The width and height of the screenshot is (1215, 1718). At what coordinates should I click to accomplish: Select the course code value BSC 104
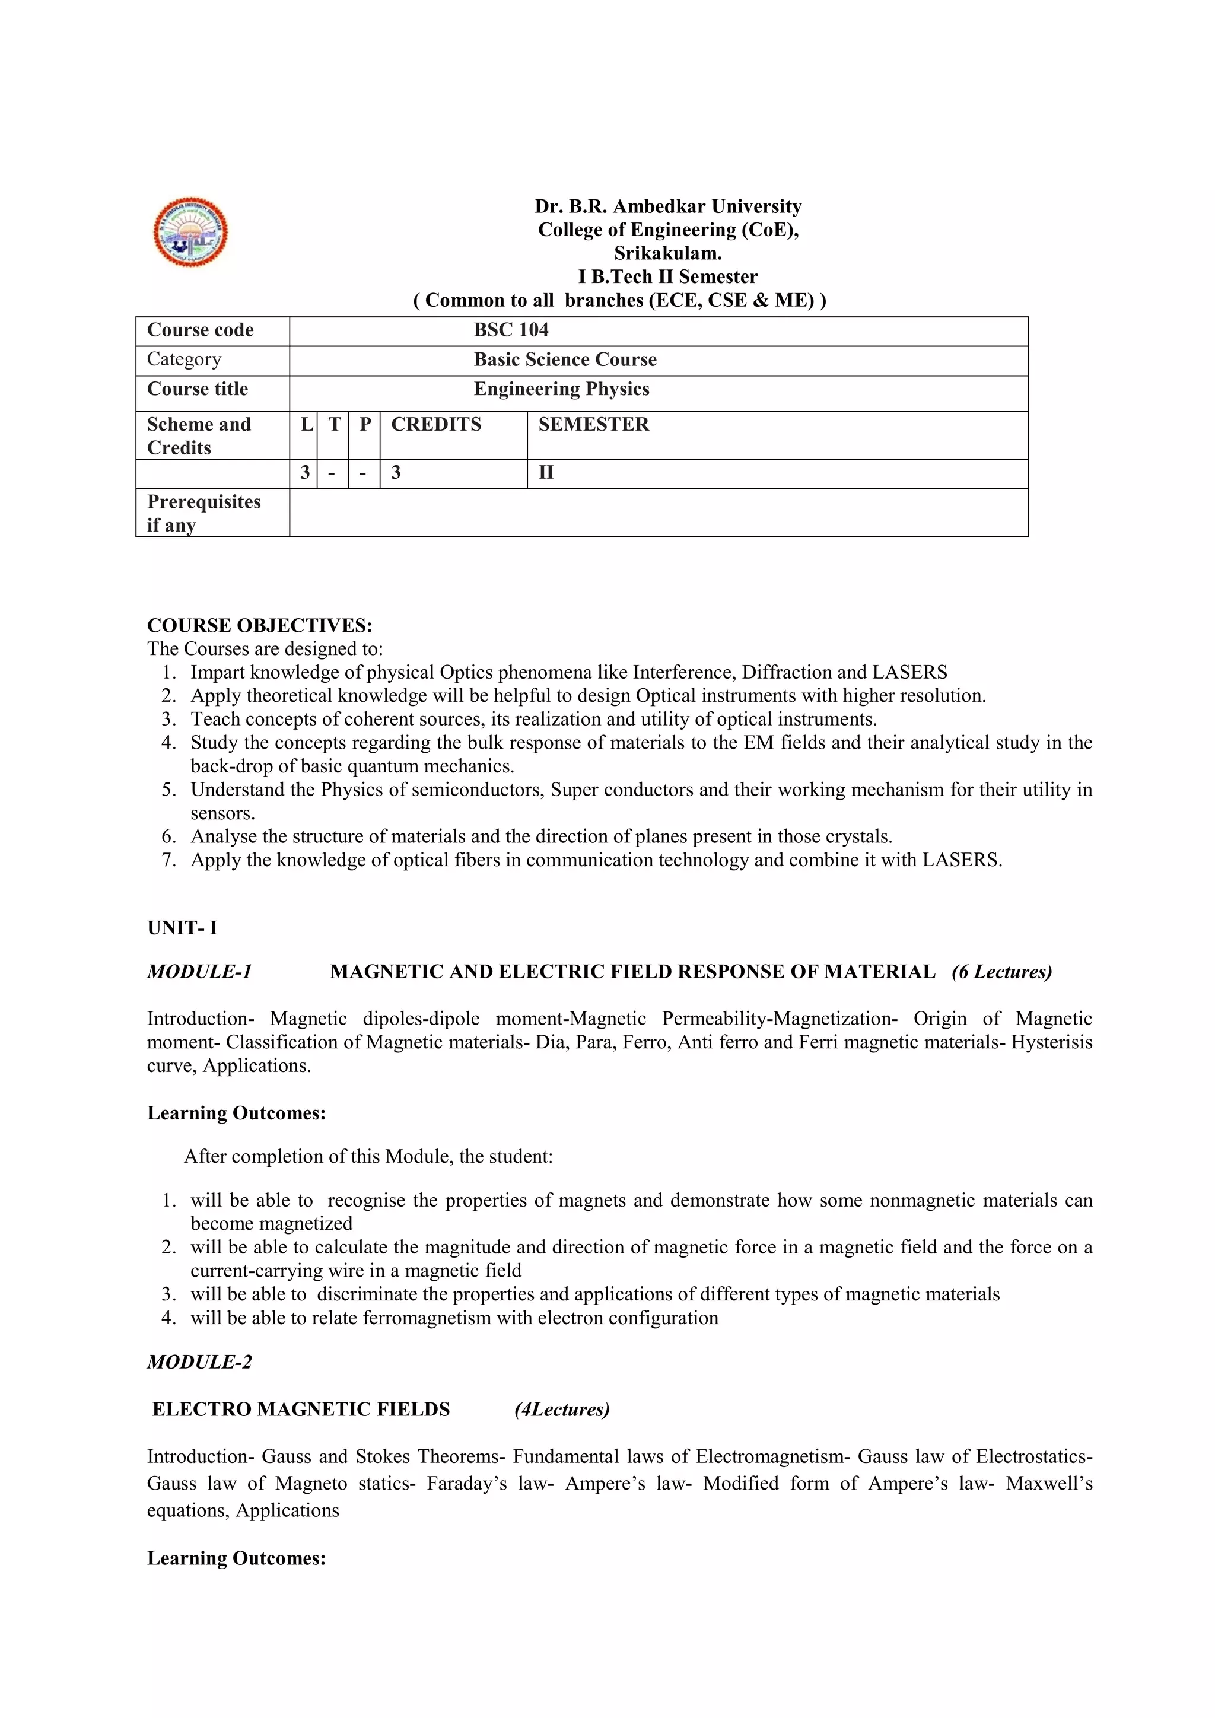[x=511, y=330]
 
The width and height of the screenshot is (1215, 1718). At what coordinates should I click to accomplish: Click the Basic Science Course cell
[x=565, y=360]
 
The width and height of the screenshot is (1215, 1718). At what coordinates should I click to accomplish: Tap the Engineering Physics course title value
[x=561, y=389]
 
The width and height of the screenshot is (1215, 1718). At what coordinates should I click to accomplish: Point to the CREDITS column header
[x=436, y=424]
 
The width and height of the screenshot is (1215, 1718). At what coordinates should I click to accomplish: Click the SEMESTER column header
[x=593, y=424]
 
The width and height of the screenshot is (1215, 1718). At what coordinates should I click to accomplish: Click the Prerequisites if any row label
[x=203, y=513]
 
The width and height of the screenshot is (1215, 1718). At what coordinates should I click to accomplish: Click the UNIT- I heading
[x=182, y=928]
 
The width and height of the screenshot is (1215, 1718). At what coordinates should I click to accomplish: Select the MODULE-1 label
[x=199, y=972]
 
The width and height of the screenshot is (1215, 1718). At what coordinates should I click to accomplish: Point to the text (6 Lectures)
[x=1002, y=972]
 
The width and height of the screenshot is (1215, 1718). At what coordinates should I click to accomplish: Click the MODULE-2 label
[x=199, y=1362]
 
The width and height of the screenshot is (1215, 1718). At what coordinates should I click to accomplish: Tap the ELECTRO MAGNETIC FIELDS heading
[x=301, y=1410]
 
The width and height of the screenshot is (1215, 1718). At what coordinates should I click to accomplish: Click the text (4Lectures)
[x=562, y=1410]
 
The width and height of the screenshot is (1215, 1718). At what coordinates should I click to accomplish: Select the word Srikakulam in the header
[x=667, y=253]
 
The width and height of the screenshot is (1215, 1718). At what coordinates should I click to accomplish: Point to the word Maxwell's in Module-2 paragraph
[x=1048, y=1484]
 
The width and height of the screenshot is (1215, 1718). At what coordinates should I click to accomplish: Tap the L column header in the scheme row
[x=306, y=424]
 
